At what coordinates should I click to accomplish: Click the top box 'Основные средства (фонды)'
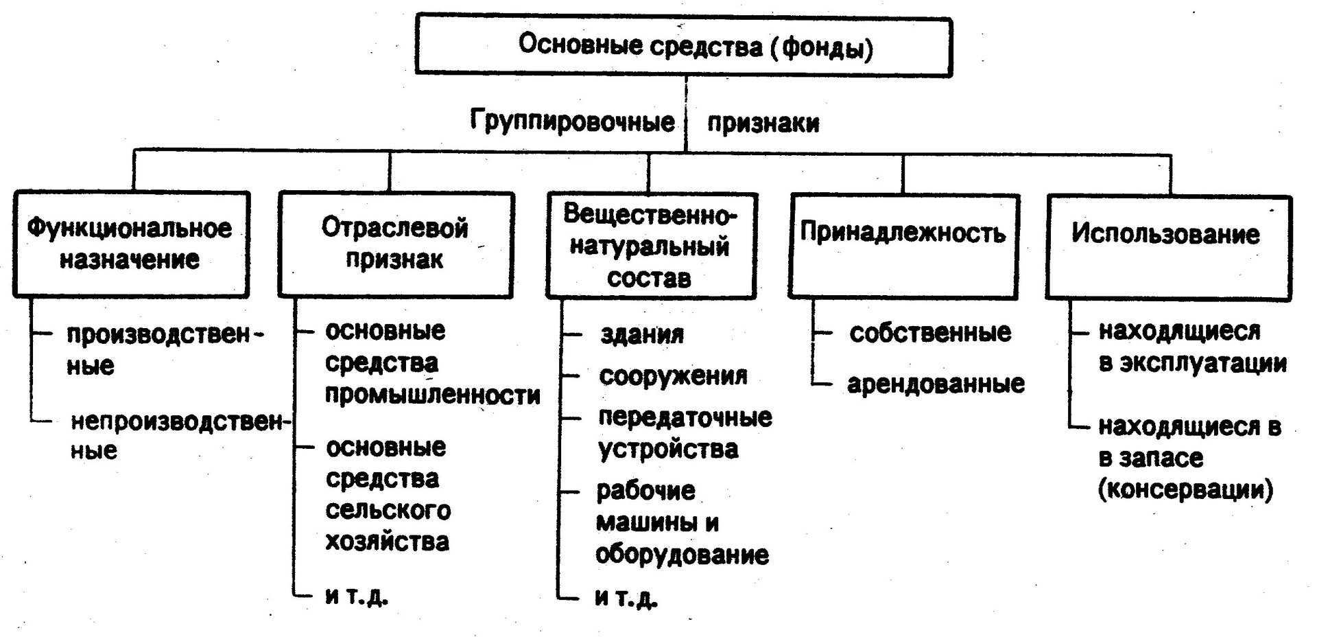click(683, 46)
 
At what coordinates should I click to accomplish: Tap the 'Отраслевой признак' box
click(396, 244)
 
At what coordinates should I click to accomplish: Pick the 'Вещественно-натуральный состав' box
click(651, 246)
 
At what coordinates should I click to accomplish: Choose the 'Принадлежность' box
click(903, 246)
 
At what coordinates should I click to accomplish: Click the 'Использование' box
click(1168, 247)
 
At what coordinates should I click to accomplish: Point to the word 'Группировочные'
click(573, 122)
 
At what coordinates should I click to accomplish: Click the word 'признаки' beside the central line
click(763, 123)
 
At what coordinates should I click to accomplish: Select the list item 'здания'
click(642, 334)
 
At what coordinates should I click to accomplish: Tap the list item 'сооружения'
click(673, 376)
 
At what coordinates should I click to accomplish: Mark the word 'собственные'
click(930, 332)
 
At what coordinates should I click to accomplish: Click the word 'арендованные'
click(936, 384)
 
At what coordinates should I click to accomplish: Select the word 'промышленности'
click(432, 395)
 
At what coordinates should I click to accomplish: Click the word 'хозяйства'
click(387, 542)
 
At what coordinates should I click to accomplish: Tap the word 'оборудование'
click(682, 555)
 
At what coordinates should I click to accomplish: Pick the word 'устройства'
click(668, 449)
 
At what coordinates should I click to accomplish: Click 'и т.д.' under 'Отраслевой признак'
click(356, 595)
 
